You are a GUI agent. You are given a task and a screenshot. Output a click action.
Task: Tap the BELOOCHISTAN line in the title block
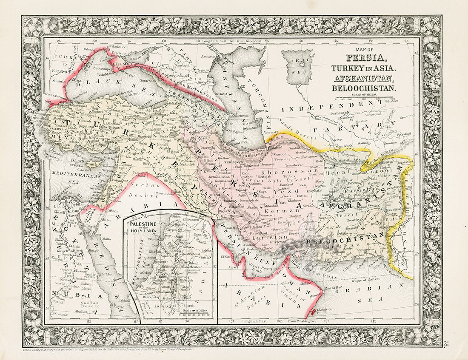pos(364,88)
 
